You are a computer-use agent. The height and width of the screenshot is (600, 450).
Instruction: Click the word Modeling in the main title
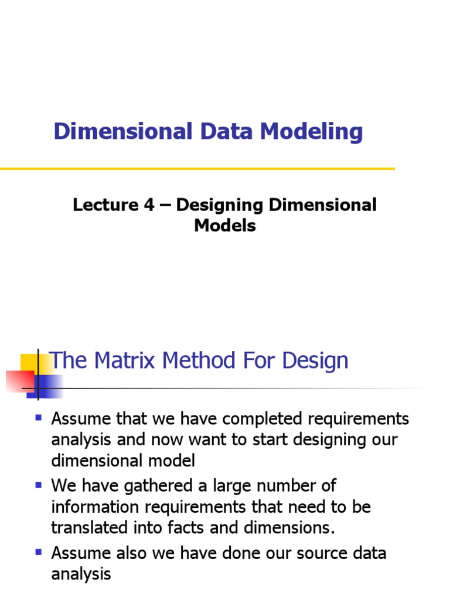312,132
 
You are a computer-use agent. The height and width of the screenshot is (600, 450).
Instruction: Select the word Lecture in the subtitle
103,206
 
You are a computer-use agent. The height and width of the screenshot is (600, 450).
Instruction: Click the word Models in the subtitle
225,226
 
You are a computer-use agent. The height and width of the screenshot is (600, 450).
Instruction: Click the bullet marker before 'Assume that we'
39,418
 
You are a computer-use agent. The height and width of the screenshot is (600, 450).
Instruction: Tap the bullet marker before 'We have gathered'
39,485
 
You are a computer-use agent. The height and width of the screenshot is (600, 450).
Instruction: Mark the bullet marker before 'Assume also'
39,552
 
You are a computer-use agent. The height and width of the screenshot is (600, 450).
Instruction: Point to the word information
97,507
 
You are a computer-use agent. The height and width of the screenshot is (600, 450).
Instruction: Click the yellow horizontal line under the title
197,169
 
